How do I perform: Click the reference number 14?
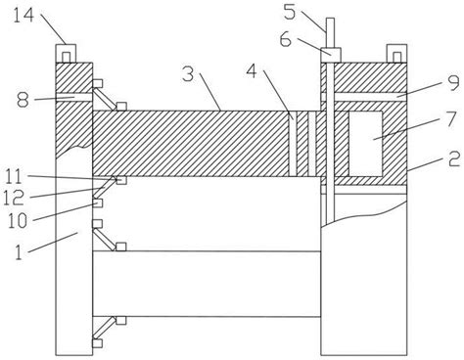pyautogui.click(x=23, y=16)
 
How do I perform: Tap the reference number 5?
pyautogui.click(x=290, y=12)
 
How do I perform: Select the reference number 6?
pyautogui.click(x=286, y=40)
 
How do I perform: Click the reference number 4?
pyautogui.click(x=252, y=71)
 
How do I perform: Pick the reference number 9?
pyautogui.click(x=453, y=83)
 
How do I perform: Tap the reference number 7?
pyautogui.click(x=451, y=118)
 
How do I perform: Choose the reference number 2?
pyautogui.click(x=453, y=160)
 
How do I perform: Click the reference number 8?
pyautogui.click(x=23, y=100)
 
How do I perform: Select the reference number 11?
pyautogui.click(x=14, y=177)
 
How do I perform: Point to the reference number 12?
pyautogui.click(x=14, y=198)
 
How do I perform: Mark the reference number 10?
pyautogui.click(x=18, y=221)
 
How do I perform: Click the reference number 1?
pyautogui.click(x=19, y=252)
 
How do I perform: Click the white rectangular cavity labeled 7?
pyautogui.click(x=365, y=144)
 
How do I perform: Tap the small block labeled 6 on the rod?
pyautogui.click(x=331, y=55)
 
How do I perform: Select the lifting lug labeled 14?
pyautogui.click(x=66, y=53)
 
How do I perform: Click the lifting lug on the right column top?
pyautogui.click(x=396, y=53)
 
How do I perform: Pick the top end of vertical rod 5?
pyautogui.click(x=330, y=19)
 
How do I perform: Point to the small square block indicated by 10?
pyautogui.click(x=98, y=202)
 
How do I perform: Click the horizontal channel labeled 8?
pyautogui.click(x=74, y=97)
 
